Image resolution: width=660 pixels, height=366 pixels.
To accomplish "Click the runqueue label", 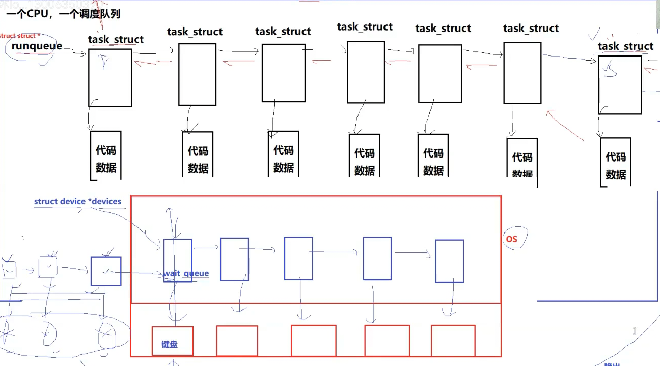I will (37, 46).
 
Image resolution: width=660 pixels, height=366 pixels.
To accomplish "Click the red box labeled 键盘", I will (172, 341).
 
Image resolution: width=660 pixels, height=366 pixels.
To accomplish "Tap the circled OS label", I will (512, 239).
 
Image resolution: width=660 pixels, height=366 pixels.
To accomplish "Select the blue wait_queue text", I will (186, 274).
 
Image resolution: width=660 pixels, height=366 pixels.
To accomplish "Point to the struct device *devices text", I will (77, 201).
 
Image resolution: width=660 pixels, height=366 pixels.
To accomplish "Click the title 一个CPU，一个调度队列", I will (63, 14).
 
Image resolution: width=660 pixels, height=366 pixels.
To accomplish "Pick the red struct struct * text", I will (19, 36).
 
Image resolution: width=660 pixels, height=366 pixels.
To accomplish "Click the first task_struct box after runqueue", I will (110, 77).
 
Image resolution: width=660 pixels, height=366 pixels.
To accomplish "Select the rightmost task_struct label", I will (625, 46).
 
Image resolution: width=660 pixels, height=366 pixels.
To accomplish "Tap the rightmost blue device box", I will (449, 261).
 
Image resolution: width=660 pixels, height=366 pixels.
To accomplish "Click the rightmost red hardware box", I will (453, 341).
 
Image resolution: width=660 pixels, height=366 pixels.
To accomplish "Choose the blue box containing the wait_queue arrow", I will (178, 260).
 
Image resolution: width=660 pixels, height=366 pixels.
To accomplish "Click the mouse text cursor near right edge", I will (635, 331).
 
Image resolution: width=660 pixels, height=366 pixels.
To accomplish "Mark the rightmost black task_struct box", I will (620, 85).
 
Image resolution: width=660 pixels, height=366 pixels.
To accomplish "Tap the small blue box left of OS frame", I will (106, 271).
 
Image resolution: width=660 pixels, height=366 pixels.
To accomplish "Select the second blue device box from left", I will (234, 259).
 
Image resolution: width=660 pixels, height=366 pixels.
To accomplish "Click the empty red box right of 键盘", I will (237, 341).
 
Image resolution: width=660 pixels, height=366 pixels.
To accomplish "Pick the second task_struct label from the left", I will (195, 32).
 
